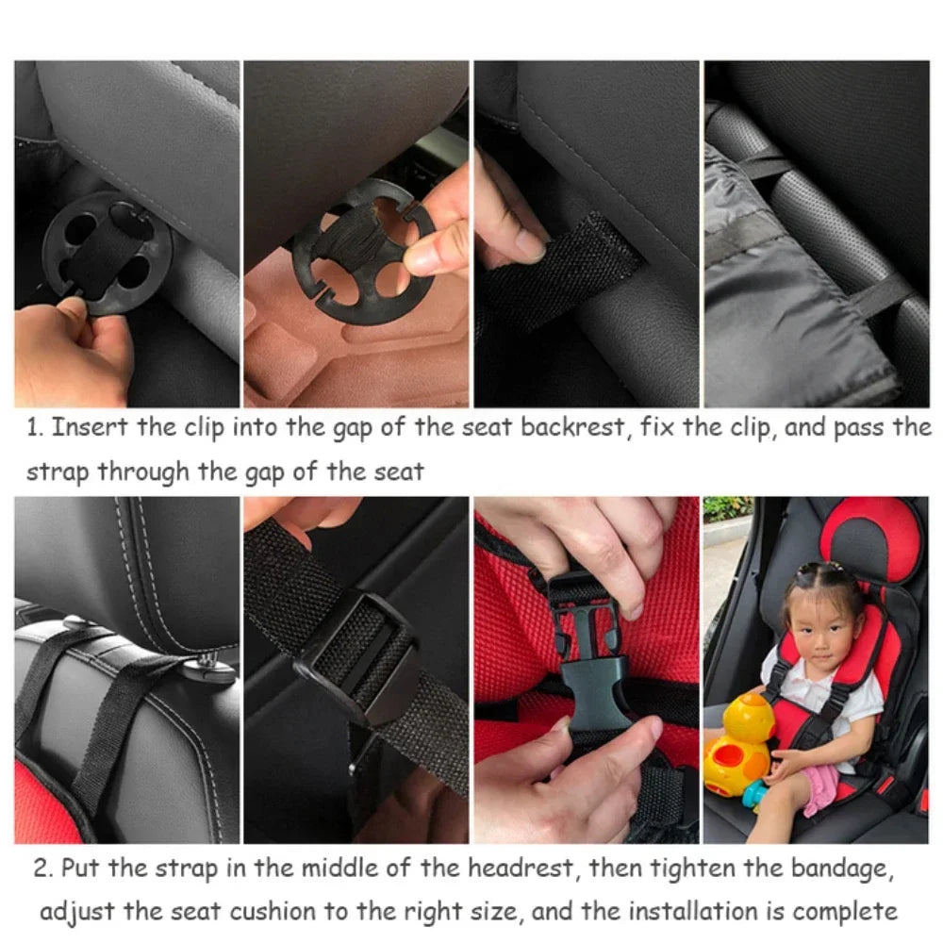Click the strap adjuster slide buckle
tap(358, 660)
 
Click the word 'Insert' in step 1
tap(91, 427)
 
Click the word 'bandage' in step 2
tap(835, 868)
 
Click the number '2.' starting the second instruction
tap(42, 868)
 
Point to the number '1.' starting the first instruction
tap(35, 427)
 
